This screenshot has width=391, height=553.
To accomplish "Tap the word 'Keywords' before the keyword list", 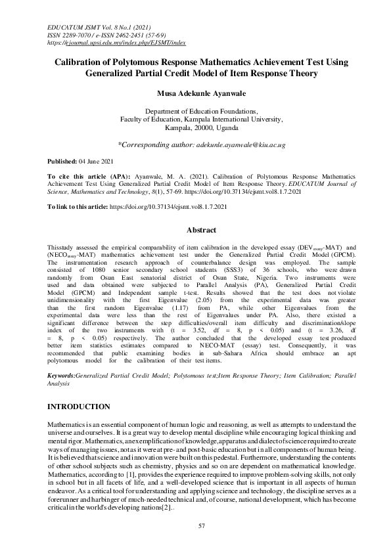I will (61, 358).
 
